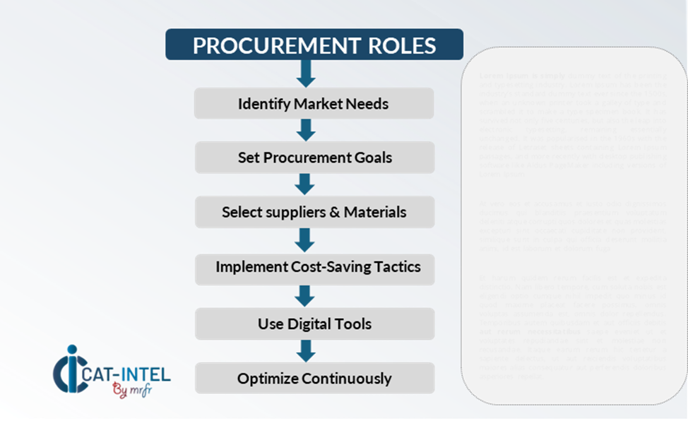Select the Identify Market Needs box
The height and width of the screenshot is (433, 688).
[314, 104]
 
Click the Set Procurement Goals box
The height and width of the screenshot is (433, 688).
[314, 158]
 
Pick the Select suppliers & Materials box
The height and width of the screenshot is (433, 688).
[314, 212]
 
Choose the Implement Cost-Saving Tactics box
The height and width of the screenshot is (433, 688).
[317, 267]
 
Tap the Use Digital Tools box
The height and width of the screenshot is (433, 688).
[314, 324]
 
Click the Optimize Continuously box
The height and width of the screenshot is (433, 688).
[314, 379]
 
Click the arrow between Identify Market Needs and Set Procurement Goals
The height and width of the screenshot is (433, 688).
[305, 131]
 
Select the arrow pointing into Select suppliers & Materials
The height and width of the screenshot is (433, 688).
[304, 184]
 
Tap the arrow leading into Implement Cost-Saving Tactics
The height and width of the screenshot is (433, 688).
[304, 239]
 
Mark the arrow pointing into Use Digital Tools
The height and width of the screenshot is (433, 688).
[304, 296]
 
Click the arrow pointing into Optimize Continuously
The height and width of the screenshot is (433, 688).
[304, 351]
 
